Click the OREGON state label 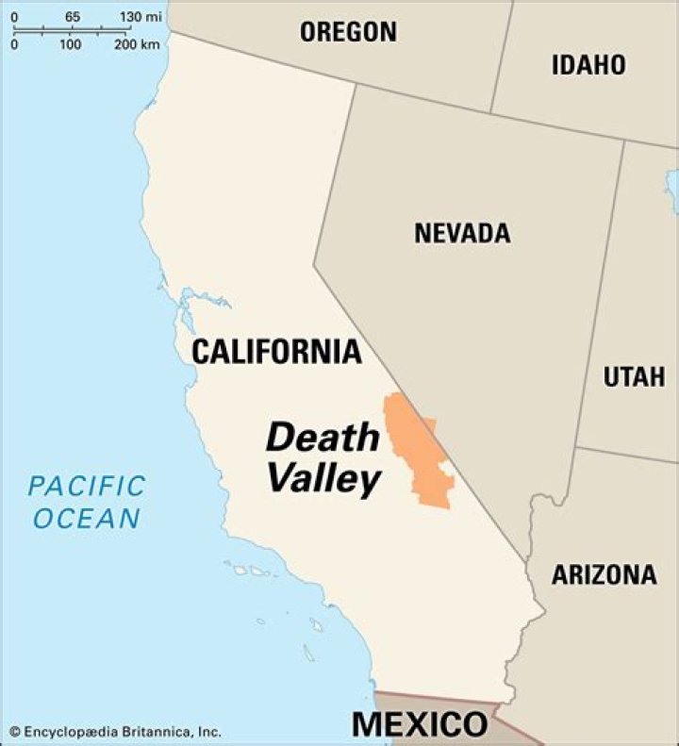pyautogui.click(x=348, y=31)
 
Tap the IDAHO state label pyautogui.click(x=588, y=64)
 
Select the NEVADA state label pyautogui.click(x=462, y=233)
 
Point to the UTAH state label pyautogui.click(x=634, y=377)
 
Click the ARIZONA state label pyautogui.click(x=604, y=574)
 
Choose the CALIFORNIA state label pyautogui.click(x=276, y=352)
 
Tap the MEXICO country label pyautogui.click(x=420, y=724)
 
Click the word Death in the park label pyautogui.click(x=323, y=438)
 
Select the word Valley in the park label pyautogui.click(x=323, y=479)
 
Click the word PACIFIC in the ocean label pyautogui.click(x=87, y=487)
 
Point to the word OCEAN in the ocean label pyautogui.click(x=84, y=518)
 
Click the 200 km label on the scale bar pyautogui.click(x=136, y=44)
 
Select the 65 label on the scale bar pyautogui.click(x=72, y=16)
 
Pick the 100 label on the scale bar pyautogui.click(x=70, y=44)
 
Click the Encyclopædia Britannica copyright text pyautogui.click(x=122, y=731)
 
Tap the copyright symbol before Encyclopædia pyautogui.click(x=14, y=731)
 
